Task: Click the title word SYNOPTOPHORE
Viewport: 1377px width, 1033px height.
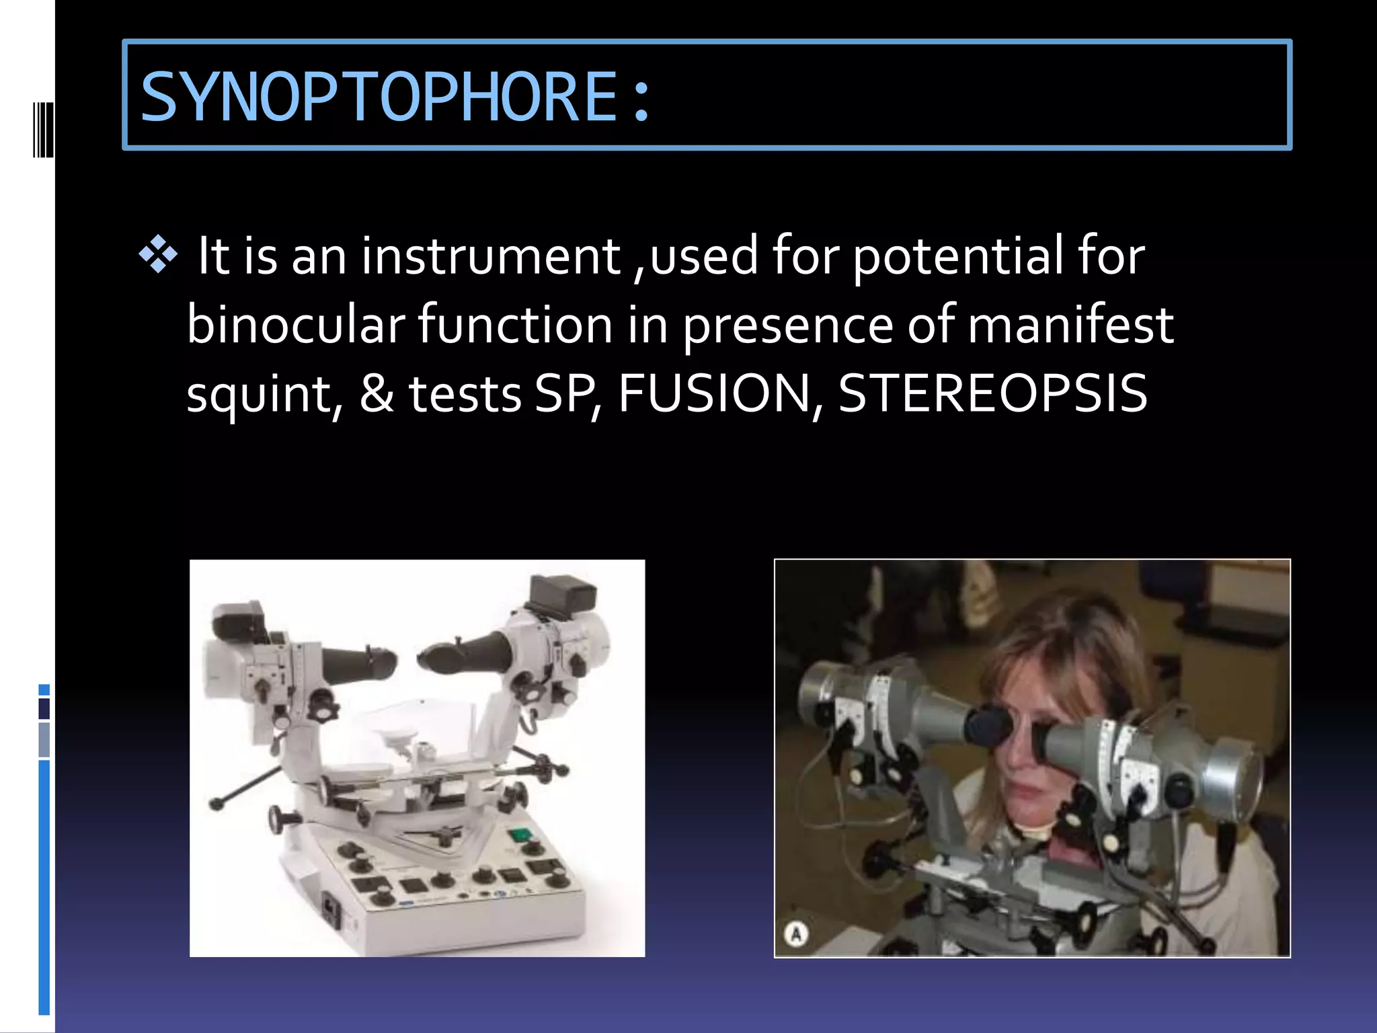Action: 379,98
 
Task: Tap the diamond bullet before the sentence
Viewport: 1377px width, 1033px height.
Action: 158,255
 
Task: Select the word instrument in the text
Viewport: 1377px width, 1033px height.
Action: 491,256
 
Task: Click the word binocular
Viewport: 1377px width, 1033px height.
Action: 296,325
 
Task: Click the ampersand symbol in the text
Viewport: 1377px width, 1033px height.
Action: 377,393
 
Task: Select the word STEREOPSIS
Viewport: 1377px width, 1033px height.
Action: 992,393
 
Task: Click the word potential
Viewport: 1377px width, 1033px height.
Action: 958,256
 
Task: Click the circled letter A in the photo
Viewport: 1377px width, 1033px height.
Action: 796,934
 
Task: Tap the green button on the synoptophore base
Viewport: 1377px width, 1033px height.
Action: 519,835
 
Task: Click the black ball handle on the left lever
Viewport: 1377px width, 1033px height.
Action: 217,803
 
